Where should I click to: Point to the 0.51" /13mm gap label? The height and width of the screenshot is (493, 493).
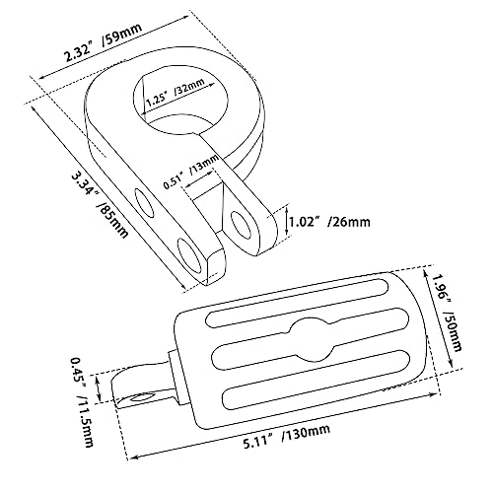click(191, 172)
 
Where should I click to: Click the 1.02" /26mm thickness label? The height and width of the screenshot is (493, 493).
click(329, 222)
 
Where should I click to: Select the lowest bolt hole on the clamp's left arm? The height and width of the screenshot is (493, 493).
click(189, 259)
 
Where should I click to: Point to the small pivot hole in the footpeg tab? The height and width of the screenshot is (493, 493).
click(143, 396)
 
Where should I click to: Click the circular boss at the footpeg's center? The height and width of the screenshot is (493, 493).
click(311, 339)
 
